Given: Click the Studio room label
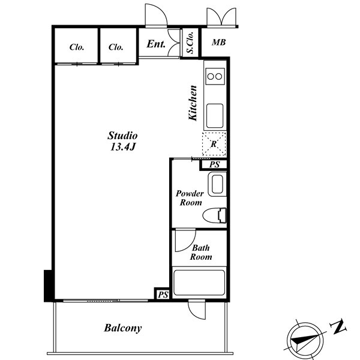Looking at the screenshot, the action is coord(122,136).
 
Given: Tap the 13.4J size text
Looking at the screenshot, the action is coord(123,147).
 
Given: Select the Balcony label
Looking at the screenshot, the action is coord(123,328).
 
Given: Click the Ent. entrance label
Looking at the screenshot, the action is coord(156,44).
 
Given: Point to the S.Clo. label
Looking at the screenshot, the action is coord(190,43).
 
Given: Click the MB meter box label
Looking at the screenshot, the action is coord(219,42).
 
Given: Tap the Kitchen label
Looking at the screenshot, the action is coord(193,103).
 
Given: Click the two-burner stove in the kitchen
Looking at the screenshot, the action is coord(215,76).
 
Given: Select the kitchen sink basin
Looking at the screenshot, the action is coord(215,116).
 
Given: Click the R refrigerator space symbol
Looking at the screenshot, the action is coord(214,144).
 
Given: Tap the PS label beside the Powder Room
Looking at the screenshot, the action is coord(215,164).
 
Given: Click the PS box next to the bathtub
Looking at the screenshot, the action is coord(163,295).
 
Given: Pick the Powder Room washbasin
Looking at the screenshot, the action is coord(217,185).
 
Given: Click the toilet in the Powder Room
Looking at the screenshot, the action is coord(215,215).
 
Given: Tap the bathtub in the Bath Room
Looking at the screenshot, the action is coord(199,283).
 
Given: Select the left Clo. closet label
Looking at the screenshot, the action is coord(77,47).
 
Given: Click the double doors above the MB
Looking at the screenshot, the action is coord(221,17).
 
